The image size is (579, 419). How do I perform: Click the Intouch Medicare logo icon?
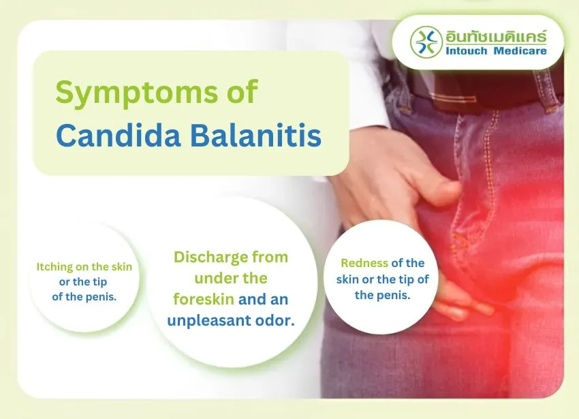pyautogui.click(x=426, y=43)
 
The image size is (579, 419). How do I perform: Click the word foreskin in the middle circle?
pyautogui.click(x=202, y=299)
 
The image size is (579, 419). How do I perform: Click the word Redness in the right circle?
pyautogui.click(x=364, y=263)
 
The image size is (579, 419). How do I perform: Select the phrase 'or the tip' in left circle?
pyautogui.click(x=84, y=281)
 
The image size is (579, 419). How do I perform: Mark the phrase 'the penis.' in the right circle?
pyautogui.click(x=382, y=295)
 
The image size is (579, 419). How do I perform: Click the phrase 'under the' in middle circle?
pyautogui.click(x=230, y=279)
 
